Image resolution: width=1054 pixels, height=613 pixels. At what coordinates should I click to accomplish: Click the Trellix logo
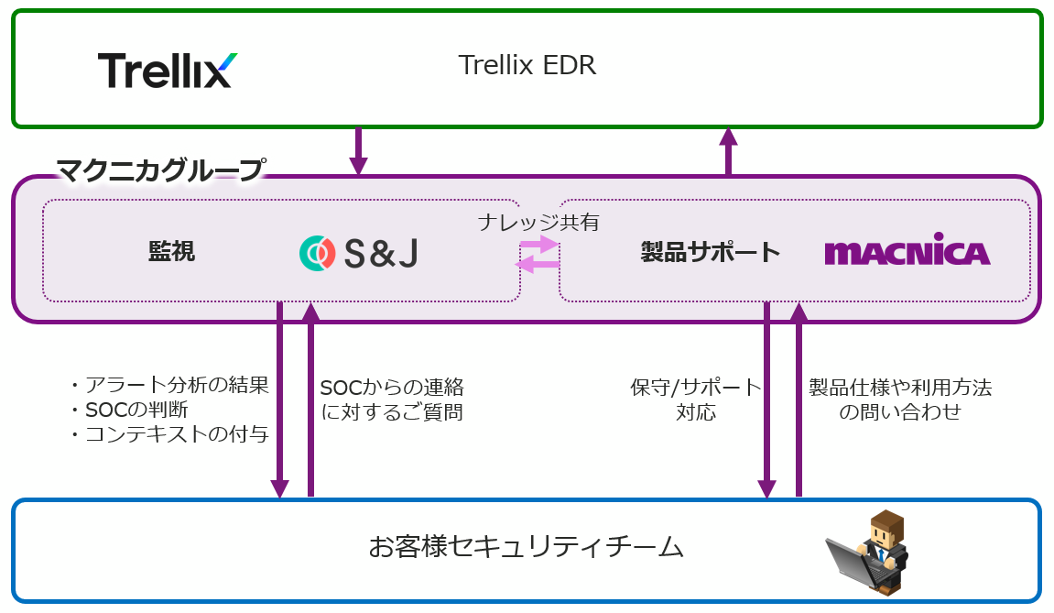tap(167, 70)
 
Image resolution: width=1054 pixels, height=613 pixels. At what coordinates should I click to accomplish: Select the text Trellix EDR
tap(527, 66)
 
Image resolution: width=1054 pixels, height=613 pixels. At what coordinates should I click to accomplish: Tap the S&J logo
tap(358, 253)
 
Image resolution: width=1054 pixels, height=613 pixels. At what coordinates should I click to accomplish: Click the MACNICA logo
tap(907, 253)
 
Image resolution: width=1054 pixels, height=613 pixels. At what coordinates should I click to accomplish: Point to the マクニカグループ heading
tap(161, 170)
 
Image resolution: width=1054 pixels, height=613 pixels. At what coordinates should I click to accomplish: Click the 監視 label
tap(171, 252)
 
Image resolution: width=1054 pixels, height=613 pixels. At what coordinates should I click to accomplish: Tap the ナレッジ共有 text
tap(538, 223)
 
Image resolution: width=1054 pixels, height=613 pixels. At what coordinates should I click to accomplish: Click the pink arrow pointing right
tap(538, 245)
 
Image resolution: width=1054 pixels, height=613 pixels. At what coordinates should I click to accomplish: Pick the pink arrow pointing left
tap(538, 265)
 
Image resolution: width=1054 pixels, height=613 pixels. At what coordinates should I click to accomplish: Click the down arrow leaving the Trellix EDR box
tap(358, 151)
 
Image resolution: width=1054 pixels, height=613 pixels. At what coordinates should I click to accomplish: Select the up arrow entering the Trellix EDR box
tap(728, 151)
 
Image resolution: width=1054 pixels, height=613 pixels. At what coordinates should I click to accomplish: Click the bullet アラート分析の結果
tap(170, 386)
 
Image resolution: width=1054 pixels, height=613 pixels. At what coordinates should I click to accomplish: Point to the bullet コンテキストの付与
tap(170, 435)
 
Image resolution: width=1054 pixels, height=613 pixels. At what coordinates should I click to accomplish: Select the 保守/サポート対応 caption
tap(696, 400)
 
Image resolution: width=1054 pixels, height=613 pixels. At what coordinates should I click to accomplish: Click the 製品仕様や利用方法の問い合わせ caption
tap(899, 400)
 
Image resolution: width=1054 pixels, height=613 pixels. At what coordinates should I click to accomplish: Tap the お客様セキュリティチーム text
tap(527, 548)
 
